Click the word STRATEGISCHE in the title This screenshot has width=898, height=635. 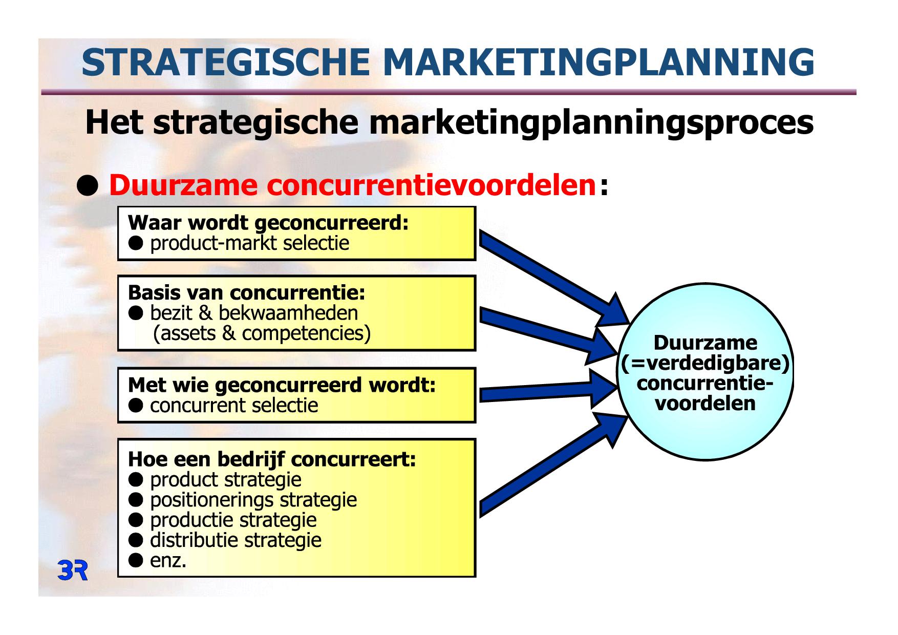pos(226,62)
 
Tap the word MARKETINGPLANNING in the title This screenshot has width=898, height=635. pos(598,62)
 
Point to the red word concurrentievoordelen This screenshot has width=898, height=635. pos(432,185)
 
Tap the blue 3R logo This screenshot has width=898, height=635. pos(73,570)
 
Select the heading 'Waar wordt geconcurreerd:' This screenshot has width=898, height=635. pos(268,223)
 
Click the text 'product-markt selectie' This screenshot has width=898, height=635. pos(249,243)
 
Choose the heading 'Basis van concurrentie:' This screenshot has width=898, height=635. pos(247,293)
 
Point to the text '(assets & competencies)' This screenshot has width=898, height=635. pos(262,333)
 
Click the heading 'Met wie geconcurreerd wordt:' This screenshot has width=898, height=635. pos(282,385)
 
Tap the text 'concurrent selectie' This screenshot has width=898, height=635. pos(234,406)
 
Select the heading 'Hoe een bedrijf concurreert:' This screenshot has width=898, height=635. pos(272,459)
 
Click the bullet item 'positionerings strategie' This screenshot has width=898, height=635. pos(253,500)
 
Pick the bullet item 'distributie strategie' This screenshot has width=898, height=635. pos(236,540)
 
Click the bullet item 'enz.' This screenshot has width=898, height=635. pos(168,561)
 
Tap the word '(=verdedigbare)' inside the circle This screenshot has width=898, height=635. pos(705,363)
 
